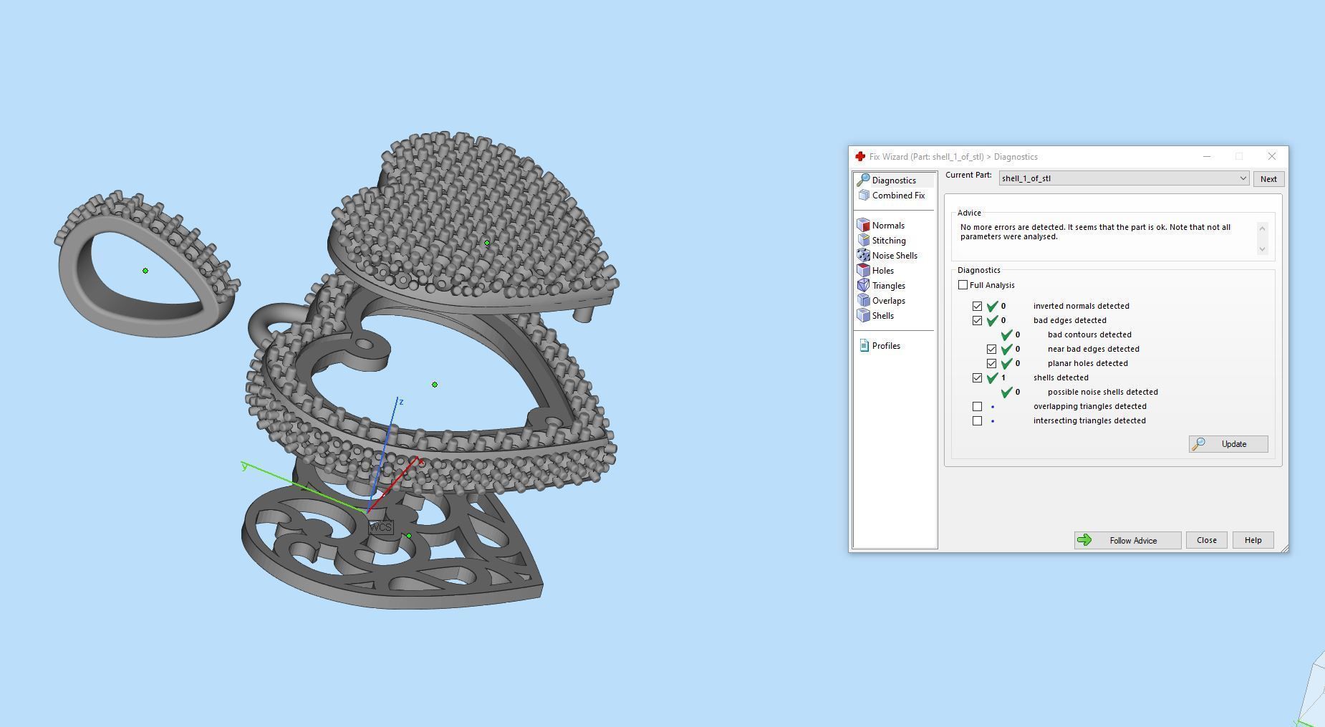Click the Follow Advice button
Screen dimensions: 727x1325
click(x=1127, y=541)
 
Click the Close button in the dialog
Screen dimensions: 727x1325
click(x=1206, y=541)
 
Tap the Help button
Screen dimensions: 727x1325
click(x=1252, y=541)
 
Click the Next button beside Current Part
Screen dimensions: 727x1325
click(x=1268, y=179)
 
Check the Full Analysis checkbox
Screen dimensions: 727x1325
click(x=963, y=285)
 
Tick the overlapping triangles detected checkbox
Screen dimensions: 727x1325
click(x=977, y=406)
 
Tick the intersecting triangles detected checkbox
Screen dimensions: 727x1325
click(x=977, y=420)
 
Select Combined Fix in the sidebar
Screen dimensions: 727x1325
click(x=897, y=196)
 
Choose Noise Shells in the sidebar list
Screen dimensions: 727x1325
click(x=894, y=256)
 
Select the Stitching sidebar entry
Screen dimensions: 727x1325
click(x=888, y=241)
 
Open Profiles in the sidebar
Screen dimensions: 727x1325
click(x=885, y=346)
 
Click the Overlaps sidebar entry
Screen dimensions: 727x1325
click(x=888, y=301)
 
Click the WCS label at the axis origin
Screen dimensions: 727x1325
click(x=380, y=527)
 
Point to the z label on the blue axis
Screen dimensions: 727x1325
click(x=401, y=402)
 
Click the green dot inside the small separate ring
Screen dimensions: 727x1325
click(x=145, y=271)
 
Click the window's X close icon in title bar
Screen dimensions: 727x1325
click(x=1271, y=156)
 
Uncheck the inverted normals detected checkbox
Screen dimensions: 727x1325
click(x=977, y=306)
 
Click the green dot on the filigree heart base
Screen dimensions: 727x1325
click(x=409, y=536)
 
